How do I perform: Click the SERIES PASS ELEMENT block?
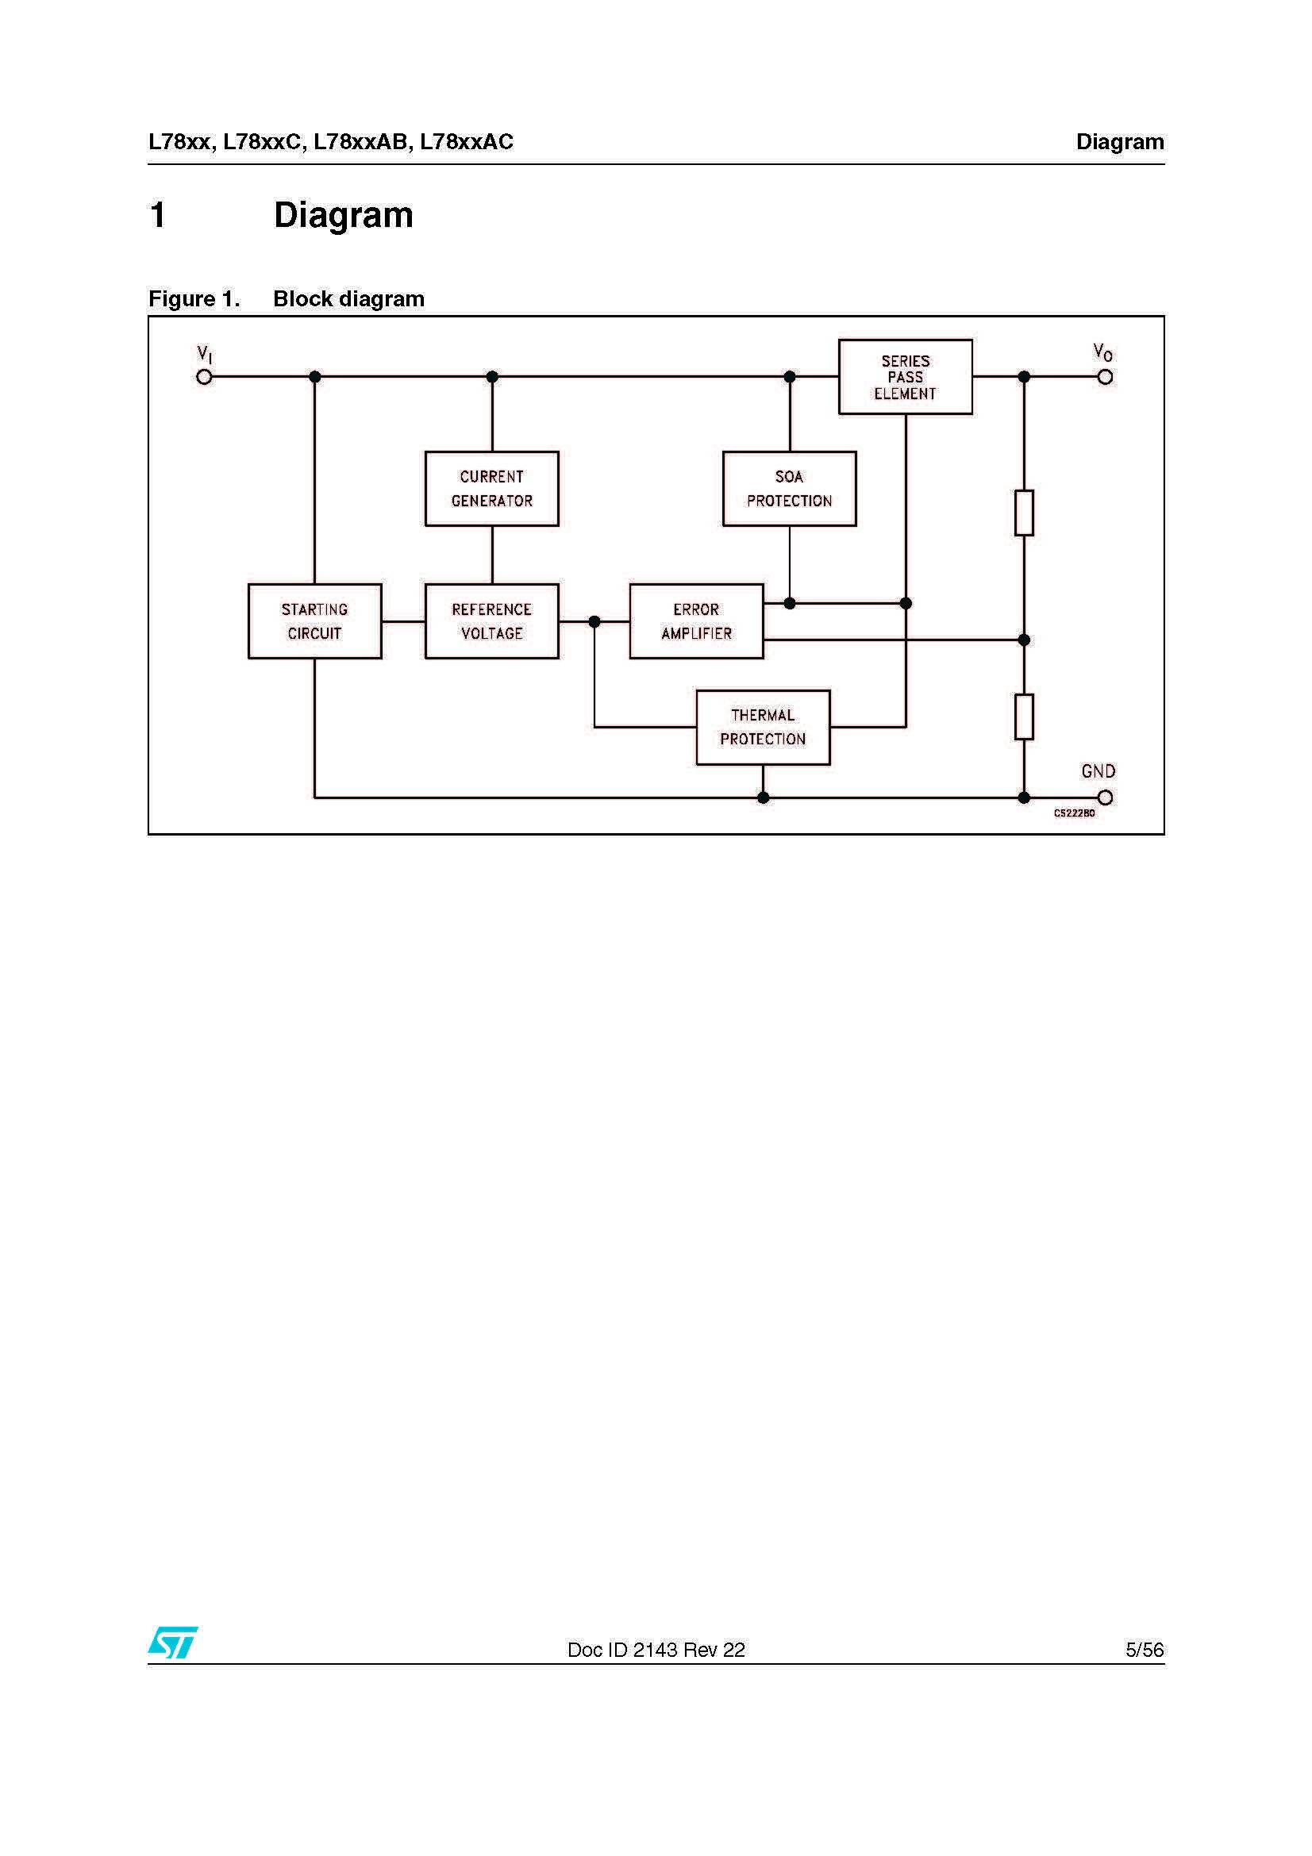click(x=905, y=377)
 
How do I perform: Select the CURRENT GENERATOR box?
click(x=491, y=489)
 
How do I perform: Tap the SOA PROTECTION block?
click(x=789, y=489)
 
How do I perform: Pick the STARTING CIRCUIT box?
click(x=314, y=621)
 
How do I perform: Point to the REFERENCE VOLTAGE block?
click(x=491, y=621)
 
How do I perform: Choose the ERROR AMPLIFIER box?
click(x=696, y=621)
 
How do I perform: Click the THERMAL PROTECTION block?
click(x=762, y=727)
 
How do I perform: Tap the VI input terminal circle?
click(x=205, y=377)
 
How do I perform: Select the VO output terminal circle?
click(x=1105, y=377)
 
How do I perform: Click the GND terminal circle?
click(x=1105, y=797)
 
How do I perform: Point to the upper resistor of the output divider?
click(x=1023, y=513)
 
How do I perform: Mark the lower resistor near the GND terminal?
click(x=1023, y=717)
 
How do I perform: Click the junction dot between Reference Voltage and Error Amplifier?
click(x=594, y=621)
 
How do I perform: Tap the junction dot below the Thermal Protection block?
click(x=762, y=797)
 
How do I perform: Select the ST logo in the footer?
click(x=172, y=1643)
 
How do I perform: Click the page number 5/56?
click(x=1144, y=1650)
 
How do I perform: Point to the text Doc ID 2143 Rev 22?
click(x=656, y=1650)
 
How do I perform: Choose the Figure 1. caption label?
click(x=194, y=299)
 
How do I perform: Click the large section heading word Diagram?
click(x=343, y=215)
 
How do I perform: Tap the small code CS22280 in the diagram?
click(x=1074, y=813)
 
